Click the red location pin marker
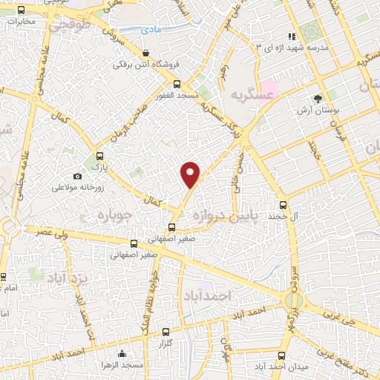coord(191,174)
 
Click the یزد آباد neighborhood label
coord(68,278)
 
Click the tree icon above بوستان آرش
coord(319,98)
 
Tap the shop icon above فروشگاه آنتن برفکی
coord(146,53)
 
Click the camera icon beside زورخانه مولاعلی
coord(77,177)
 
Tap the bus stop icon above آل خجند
coord(282,205)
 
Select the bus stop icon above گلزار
coord(165,332)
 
